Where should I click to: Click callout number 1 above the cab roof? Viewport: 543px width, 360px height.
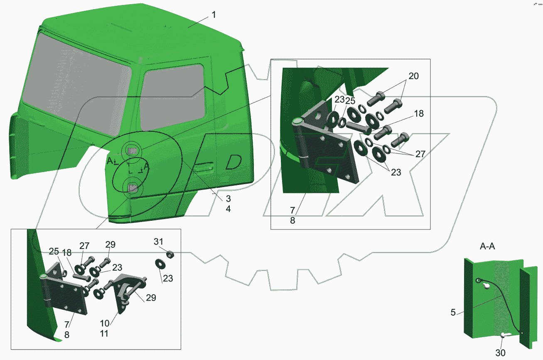(x=214, y=15)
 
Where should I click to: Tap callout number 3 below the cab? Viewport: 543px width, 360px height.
(x=228, y=199)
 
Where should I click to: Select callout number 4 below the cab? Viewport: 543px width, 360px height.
(x=228, y=209)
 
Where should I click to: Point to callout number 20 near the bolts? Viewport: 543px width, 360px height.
(x=413, y=76)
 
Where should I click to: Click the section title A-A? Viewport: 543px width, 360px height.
(x=487, y=247)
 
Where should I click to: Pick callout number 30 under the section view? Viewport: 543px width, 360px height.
(x=500, y=353)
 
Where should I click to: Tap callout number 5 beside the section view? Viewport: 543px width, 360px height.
(x=453, y=313)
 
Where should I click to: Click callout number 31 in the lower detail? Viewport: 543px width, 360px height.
(x=158, y=242)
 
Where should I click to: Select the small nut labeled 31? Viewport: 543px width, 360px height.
(x=170, y=255)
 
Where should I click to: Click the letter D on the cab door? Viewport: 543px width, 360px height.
(x=233, y=162)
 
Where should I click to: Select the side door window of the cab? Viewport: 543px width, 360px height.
(x=172, y=97)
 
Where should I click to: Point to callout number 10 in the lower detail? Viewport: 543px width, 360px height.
(x=105, y=323)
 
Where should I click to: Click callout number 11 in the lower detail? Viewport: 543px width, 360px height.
(x=104, y=334)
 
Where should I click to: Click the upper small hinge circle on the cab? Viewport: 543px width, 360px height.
(x=132, y=150)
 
